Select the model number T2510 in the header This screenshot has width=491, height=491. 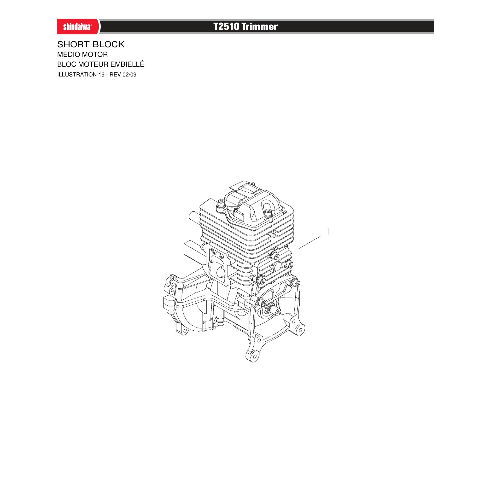point(226,26)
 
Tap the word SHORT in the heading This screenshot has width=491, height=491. point(73,45)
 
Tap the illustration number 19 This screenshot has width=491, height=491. point(101,75)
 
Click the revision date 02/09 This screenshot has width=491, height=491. point(129,75)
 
